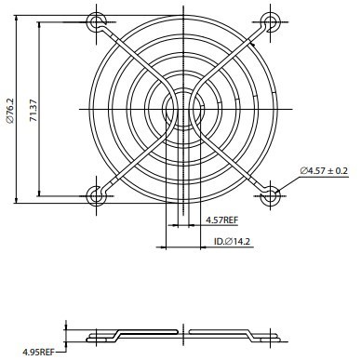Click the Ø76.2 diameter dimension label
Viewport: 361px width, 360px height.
coord(10,110)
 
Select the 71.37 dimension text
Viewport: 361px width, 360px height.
coord(33,110)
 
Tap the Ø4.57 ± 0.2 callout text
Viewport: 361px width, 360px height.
coord(324,170)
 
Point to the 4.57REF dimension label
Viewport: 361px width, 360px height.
coord(222,220)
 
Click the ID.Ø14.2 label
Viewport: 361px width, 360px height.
coord(232,241)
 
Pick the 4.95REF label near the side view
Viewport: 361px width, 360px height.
coord(38,352)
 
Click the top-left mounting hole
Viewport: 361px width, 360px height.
coord(96,22)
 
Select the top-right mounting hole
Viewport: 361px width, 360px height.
coord(270,22)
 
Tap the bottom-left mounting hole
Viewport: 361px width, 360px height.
coord(96,196)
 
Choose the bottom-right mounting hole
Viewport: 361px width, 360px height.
coord(270,196)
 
